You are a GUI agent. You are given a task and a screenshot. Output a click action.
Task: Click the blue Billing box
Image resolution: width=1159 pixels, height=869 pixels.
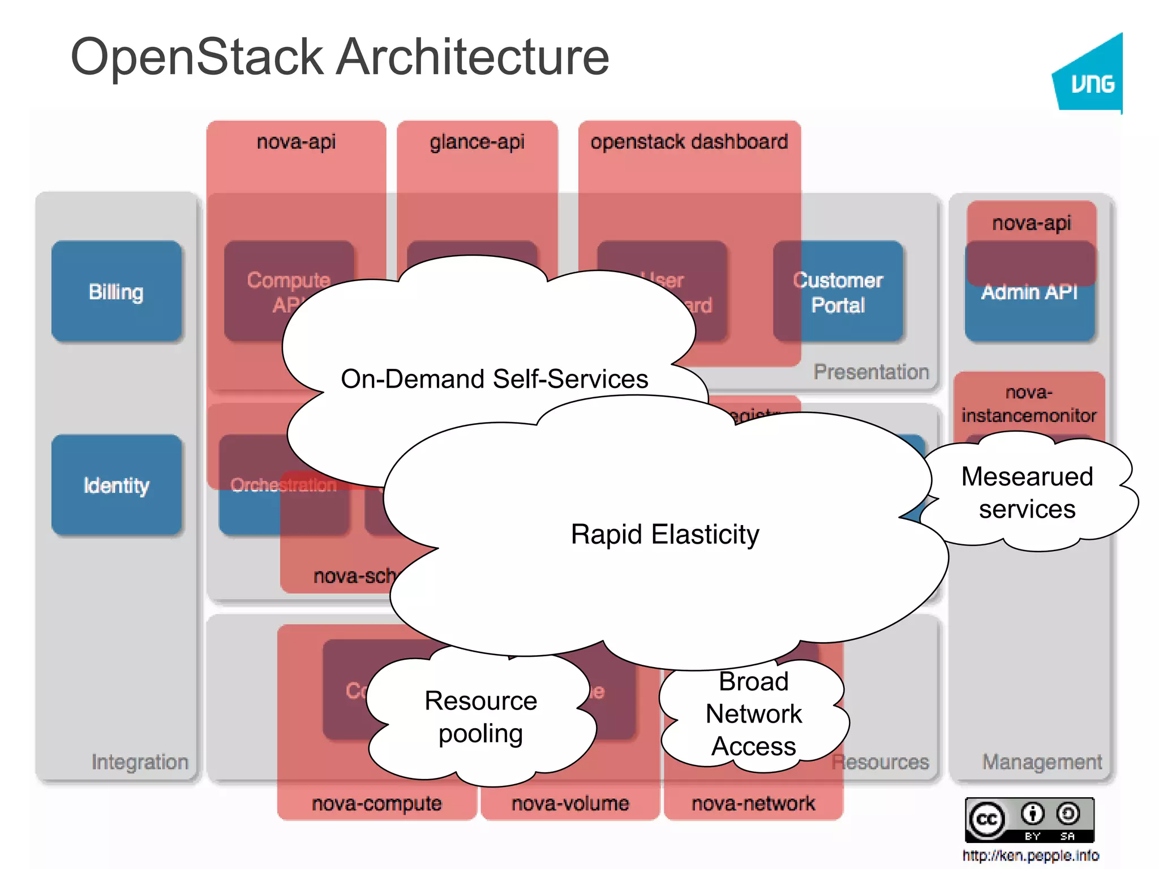(116, 291)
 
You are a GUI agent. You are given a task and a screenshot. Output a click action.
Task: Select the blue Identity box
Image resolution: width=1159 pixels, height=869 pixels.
(116, 485)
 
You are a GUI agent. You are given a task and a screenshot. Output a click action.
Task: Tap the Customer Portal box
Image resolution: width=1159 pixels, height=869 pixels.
(838, 292)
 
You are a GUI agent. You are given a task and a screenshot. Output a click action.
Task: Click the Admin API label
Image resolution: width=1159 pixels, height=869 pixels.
(1029, 292)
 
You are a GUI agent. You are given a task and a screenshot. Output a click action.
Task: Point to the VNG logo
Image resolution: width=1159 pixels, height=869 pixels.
(1091, 79)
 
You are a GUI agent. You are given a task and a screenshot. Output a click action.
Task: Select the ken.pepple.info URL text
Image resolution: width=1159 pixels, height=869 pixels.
(1031, 855)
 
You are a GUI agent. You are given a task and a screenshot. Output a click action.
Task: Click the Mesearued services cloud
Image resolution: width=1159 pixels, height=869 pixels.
(1027, 492)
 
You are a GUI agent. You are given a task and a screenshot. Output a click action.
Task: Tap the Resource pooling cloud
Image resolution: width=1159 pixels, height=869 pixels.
(480, 717)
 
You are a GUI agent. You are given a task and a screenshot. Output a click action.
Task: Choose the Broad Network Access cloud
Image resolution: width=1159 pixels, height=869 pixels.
(753, 714)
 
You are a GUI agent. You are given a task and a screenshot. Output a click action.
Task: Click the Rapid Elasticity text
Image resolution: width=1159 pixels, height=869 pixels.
(665, 534)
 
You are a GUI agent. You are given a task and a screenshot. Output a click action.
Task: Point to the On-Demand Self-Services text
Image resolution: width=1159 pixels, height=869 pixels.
(494, 378)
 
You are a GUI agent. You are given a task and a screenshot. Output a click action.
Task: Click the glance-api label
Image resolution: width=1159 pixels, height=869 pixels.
(477, 142)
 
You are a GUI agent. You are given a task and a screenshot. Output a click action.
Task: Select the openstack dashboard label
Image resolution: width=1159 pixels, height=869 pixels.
(689, 141)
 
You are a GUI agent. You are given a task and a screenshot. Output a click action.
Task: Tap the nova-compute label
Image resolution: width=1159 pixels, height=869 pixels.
(376, 803)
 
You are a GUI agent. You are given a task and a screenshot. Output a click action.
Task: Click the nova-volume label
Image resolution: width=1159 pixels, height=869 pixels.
(570, 803)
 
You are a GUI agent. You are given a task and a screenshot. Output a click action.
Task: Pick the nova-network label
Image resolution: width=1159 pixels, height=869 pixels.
(753, 803)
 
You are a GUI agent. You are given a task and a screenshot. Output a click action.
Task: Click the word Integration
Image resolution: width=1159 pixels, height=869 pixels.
(140, 762)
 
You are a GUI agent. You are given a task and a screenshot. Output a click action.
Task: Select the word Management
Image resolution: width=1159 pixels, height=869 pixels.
(1042, 762)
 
